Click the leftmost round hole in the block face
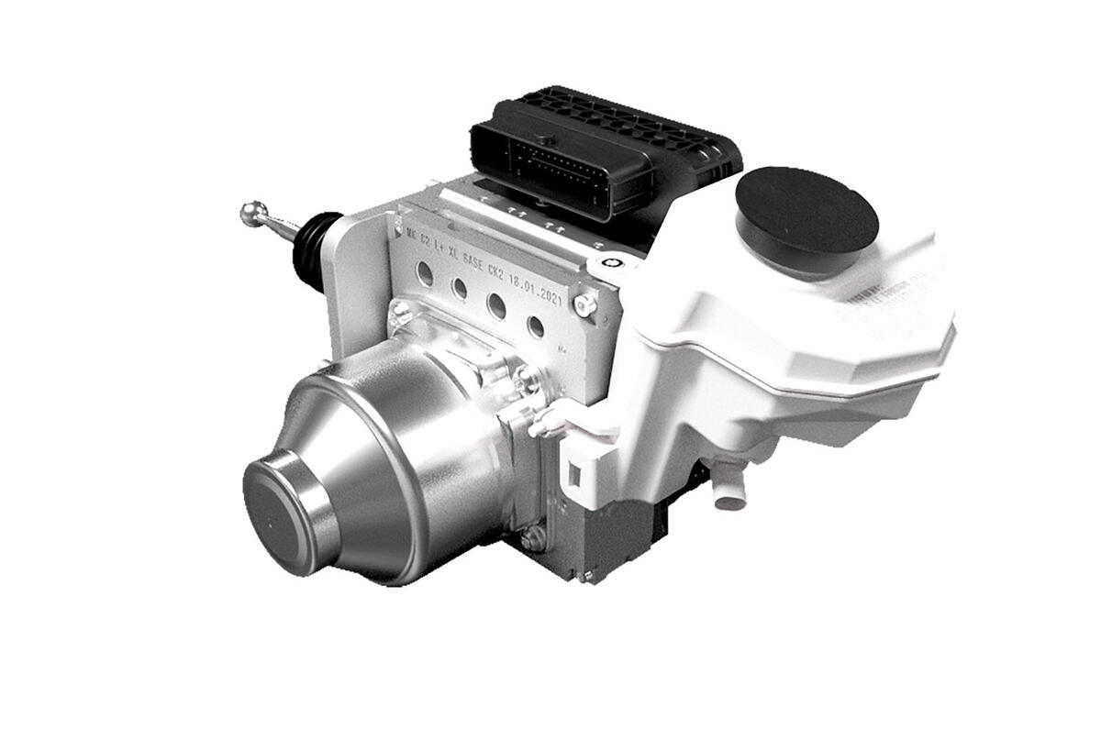point(424,272)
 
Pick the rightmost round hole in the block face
point(535,326)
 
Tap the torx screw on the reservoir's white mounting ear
point(617,264)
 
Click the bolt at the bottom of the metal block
point(535,538)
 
